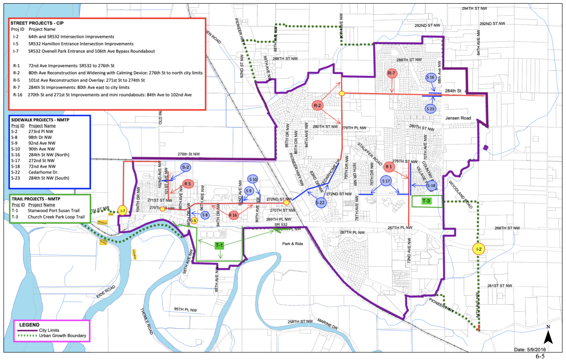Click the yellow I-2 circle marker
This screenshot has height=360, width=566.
coord(478,249)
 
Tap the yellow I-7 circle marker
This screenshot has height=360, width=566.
coord(123,211)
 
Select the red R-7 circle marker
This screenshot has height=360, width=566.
coord(392,73)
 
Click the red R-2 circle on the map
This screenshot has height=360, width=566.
coord(318,106)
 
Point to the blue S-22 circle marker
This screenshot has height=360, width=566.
coord(320,203)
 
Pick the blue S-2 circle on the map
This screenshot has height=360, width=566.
coord(186,167)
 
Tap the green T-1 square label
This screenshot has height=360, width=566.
coord(219,245)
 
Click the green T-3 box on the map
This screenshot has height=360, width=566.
coord(426,201)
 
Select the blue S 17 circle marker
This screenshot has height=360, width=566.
coord(386,181)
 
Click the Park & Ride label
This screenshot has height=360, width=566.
coord(292,244)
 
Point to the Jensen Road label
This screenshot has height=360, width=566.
coord(458,118)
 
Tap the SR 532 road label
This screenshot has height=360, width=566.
coord(281,225)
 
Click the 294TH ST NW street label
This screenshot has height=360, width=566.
coord(474,8)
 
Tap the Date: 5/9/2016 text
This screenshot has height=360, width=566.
coord(530,349)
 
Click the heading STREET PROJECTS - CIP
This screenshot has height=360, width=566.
coord(37,23)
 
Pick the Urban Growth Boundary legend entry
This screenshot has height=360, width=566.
coord(62,336)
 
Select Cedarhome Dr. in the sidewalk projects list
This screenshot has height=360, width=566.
coord(44,172)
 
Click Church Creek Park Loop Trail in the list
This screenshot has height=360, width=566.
coord(56,217)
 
